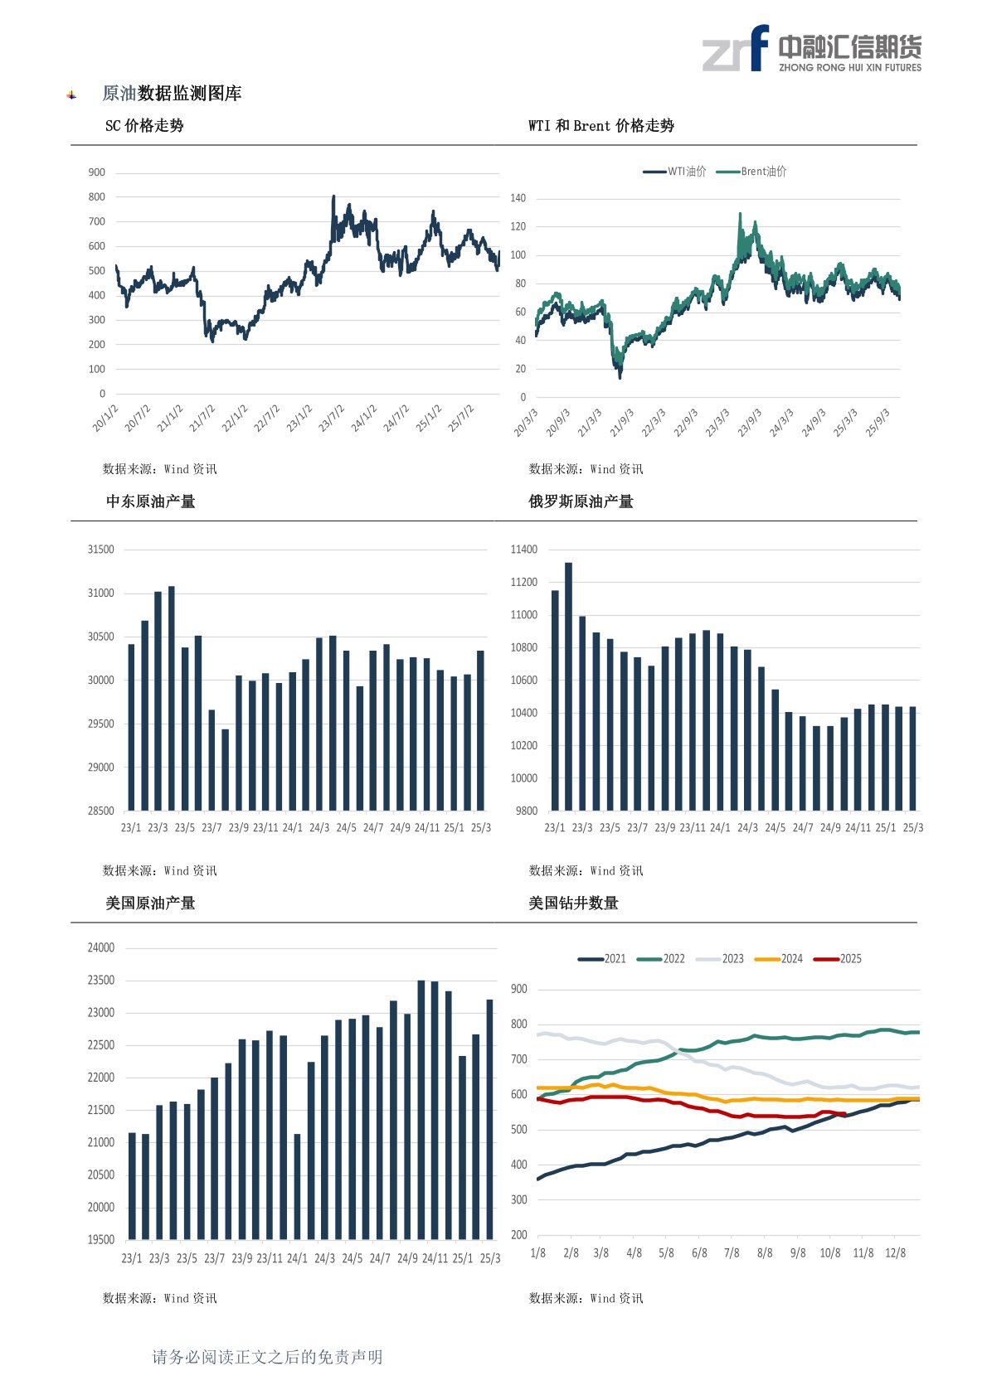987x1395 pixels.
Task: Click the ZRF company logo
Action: point(811,49)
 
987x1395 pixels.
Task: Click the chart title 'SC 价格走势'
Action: point(144,126)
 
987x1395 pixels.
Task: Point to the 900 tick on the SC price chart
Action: point(97,172)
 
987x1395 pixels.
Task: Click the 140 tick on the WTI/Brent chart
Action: point(518,198)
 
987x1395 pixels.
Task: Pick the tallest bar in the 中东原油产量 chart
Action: point(172,698)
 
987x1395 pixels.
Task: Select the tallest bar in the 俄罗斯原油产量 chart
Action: point(568,686)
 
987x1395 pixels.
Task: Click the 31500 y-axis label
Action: point(101,550)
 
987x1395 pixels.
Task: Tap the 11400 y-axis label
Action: point(524,550)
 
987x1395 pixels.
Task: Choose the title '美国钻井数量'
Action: point(574,903)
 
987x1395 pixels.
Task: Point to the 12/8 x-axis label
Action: point(896,1253)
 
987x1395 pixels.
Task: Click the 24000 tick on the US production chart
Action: point(101,948)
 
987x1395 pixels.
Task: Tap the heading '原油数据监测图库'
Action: point(172,94)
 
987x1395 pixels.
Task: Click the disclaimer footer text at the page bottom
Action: point(267,1357)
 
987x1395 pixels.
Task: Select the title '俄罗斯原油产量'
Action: point(581,501)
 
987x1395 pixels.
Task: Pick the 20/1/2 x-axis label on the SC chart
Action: point(106,419)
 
